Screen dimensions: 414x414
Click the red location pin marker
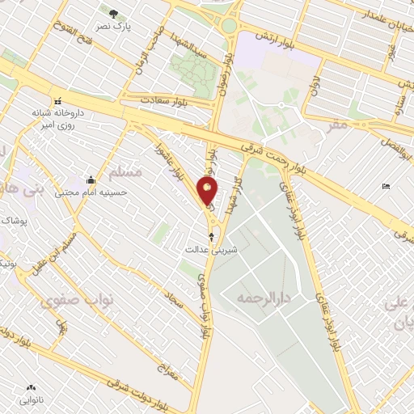pos(209,191)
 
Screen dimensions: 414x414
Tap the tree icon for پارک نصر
pos(113,13)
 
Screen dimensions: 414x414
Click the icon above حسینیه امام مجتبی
pos(91,180)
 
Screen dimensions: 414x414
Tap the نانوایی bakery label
pos(33,400)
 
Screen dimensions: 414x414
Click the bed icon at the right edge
pos(386,187)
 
